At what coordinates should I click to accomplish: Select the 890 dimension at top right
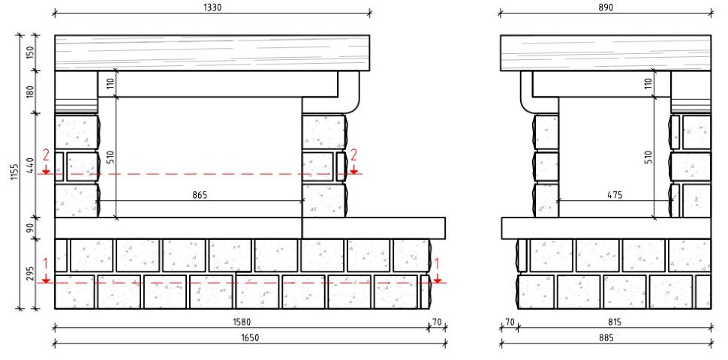click(x=606, y=7)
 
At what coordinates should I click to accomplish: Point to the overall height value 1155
click(x=14, y=172)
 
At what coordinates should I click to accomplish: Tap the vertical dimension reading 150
click(x=31, y=53)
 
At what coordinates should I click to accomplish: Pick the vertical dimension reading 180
click(x=31, y=91)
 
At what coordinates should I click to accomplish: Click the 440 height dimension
click(x=31, y=165)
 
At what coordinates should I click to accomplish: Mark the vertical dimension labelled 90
click(x=31, y=228)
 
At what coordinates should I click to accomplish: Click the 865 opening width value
click(x=200, y=195)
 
